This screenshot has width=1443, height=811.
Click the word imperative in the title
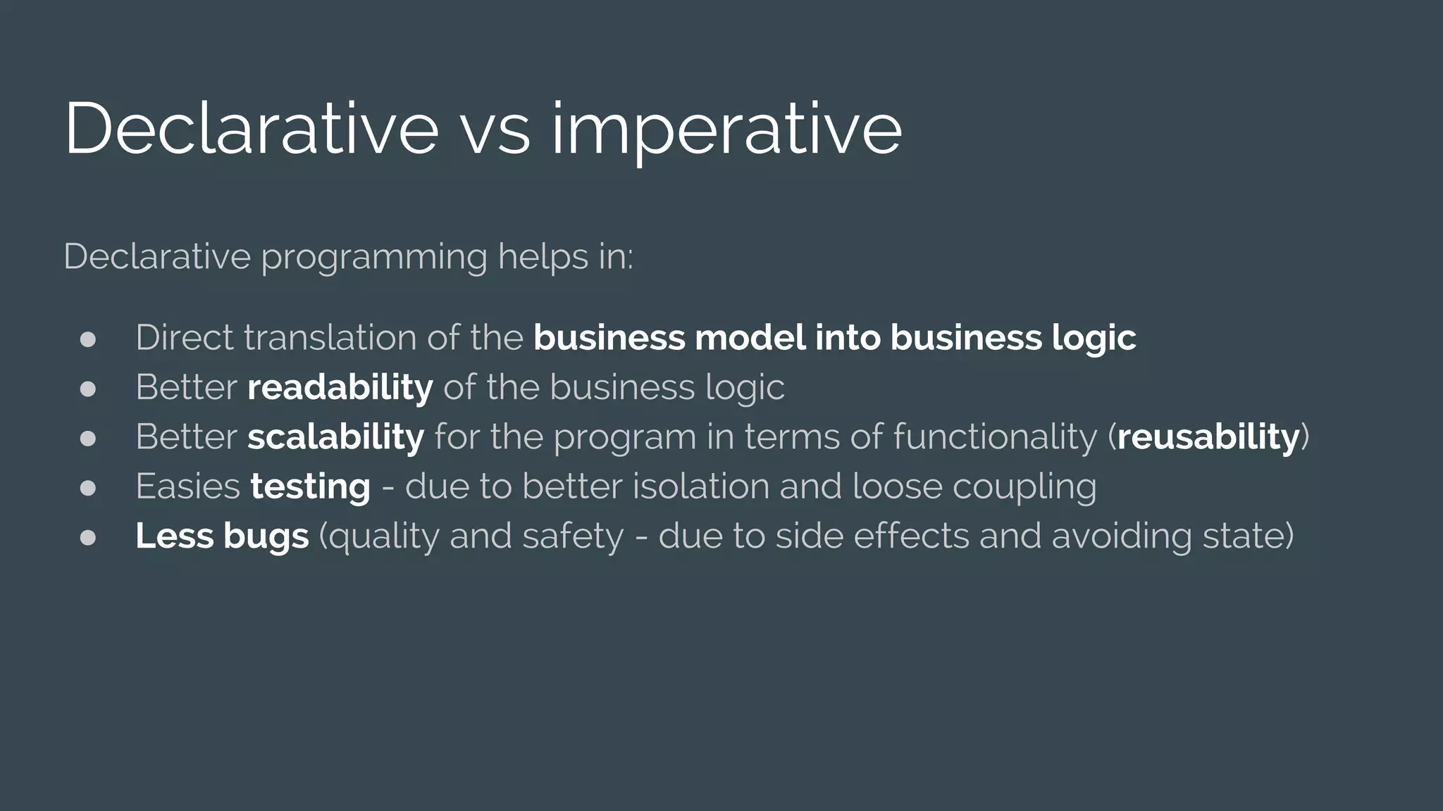pyautogui.click(x=726, y=130)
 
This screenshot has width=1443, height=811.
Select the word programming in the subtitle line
pyautogui.click(x=373, y=258)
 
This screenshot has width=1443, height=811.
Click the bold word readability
pyautogui.click(x=340, y=387)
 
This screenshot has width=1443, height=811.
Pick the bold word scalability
pyautogui.click(x=335, y=436)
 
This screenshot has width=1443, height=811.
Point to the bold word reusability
pyautogui.click(x=1208, y=436)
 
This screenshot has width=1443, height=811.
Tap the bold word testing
pyautogui.click(x=310, y=486)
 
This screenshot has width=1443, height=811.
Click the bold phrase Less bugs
pyautogui.click(x=222, y=536)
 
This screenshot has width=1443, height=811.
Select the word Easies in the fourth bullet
pyautogui.click(x=187, y=486)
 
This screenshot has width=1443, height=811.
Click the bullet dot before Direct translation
pyautogui.click(x=88, y=339)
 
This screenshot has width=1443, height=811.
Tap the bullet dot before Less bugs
pyautogui.click(x=88, y=538)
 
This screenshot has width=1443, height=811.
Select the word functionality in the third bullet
pyautogui.click(x=995, y=438)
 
